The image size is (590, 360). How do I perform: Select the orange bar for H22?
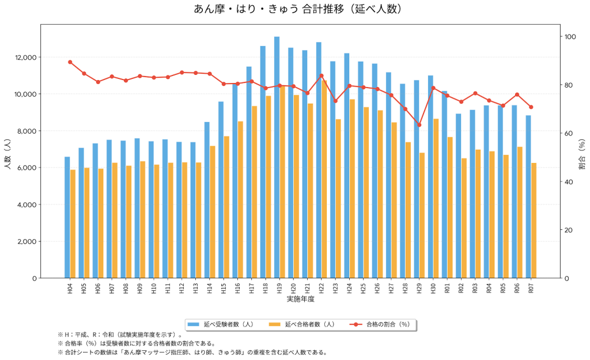(x=324, y=179)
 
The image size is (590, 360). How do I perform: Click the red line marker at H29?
(x=419, y=125)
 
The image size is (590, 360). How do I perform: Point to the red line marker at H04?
(x=70, y=62)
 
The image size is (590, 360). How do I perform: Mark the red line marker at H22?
(x=322, y=75)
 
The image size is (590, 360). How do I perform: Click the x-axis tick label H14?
(x=210, y=289)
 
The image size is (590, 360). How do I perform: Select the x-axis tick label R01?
(x=447, y=289)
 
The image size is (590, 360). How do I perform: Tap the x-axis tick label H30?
(x=433, y=289)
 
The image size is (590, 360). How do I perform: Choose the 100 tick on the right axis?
(x=571, y=37)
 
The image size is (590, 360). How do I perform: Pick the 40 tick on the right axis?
(x=569, y=182)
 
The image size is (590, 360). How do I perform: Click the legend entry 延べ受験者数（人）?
(x=228, y=325)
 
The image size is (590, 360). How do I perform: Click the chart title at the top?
(x=294, y=9)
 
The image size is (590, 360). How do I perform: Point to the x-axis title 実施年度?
(x=300, y=300)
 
